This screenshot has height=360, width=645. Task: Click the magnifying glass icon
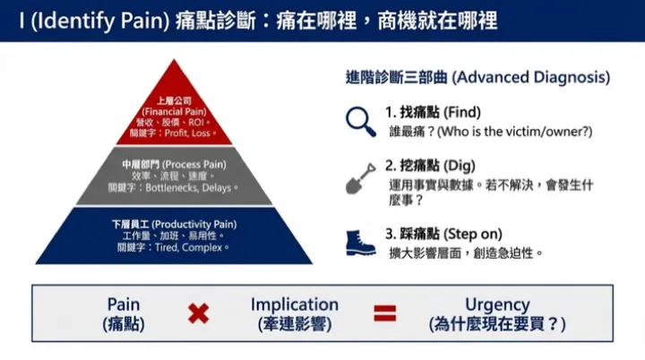[360, 119]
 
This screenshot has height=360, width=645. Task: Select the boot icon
[360, 242]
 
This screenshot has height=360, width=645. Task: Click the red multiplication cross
[198, 313]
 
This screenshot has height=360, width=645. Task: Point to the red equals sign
[385, 313]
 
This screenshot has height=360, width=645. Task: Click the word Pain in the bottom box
[124, 304]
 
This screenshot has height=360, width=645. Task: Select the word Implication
[295, 304]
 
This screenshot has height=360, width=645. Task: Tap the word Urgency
[497, 304]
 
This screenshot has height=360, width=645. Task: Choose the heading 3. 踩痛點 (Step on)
[442, 234]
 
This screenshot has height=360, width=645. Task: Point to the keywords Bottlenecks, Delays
[185, 188]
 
